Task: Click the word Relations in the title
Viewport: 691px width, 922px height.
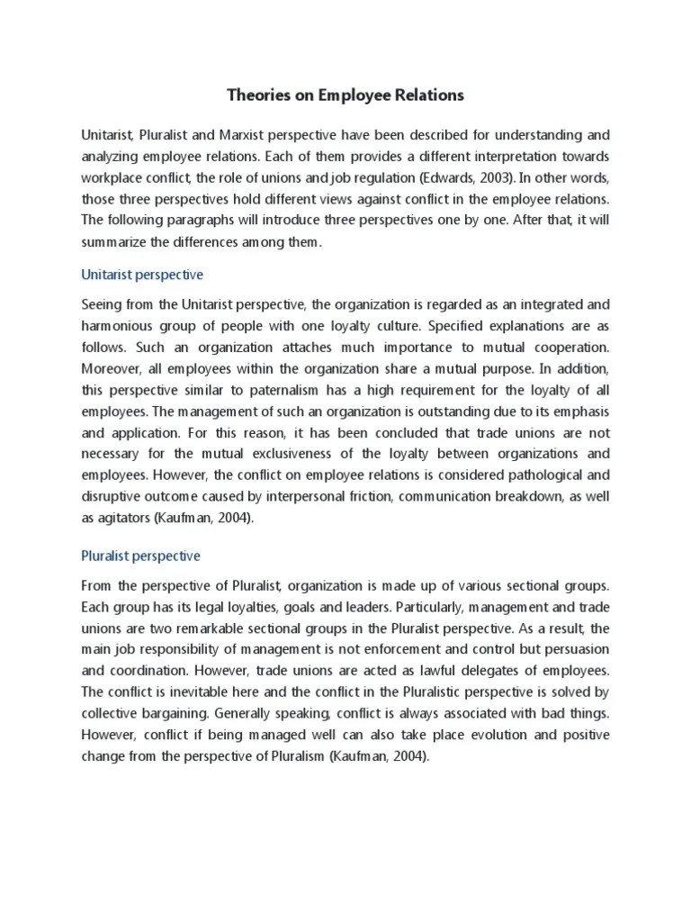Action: click(427, 95)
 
